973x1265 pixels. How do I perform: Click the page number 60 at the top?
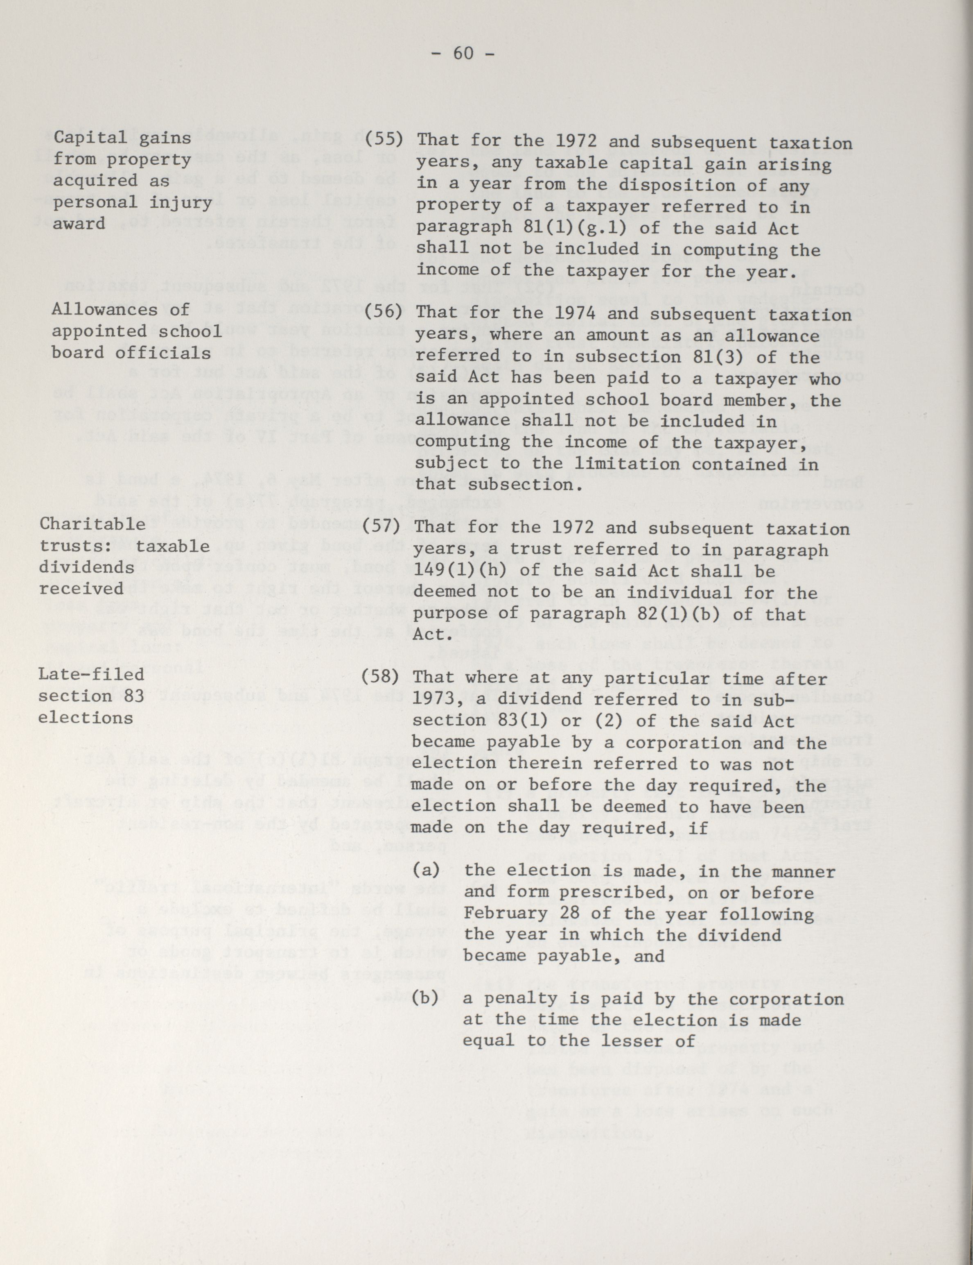[463, 53]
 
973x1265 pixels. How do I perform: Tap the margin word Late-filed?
[91, 675]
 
